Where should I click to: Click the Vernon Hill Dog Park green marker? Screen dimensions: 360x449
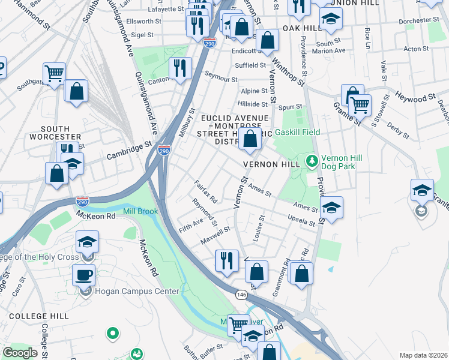coord(312,160)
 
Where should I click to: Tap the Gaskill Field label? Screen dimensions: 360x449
coord(297,132)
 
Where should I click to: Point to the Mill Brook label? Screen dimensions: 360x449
coord(140,212)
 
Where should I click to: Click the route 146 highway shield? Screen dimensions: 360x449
coord(241,295)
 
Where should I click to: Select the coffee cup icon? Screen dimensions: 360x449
coord(83,275)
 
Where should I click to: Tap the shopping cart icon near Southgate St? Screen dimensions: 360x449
coord(54,74)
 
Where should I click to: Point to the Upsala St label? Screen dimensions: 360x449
coord(301,220)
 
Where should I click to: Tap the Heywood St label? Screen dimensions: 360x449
coord(415,97)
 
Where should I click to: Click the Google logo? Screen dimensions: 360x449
coord(20,353)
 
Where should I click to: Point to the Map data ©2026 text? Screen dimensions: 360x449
coord(423,355)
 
